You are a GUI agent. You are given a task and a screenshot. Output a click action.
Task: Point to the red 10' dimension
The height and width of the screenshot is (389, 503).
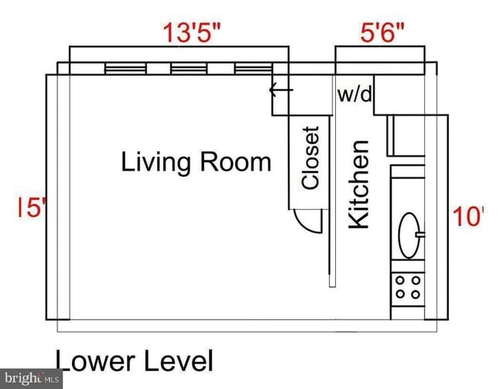(x=467, y=216)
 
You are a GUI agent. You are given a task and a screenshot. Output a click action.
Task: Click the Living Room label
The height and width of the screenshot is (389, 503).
(x=196, y=163)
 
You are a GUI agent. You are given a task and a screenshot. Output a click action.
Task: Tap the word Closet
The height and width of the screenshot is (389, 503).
(x=310, y=158)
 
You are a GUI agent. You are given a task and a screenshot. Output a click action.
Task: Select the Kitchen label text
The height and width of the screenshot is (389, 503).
(x=358, y=184)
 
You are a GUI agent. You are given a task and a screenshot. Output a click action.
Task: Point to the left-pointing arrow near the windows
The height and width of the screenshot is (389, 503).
(x=280, y=90)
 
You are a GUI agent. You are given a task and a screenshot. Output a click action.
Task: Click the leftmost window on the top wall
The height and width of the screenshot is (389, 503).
(x=125, y=70)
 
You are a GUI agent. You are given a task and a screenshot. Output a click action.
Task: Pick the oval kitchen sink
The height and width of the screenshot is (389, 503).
(x=409, y=230)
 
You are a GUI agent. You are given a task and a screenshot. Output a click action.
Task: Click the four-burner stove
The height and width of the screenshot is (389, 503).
(x=408, y=287)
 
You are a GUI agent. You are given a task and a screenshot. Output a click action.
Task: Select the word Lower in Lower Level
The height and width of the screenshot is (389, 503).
(x=93, y=361)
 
